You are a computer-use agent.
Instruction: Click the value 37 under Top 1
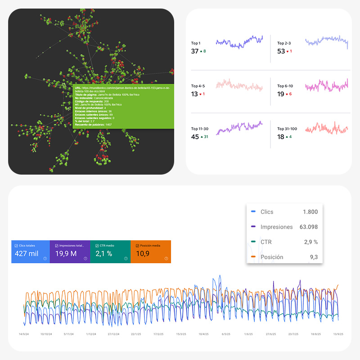click(195, 51)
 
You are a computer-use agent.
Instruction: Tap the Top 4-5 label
click(198, 86)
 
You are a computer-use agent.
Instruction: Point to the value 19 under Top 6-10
click(281, 94)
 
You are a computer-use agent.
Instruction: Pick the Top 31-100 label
click(287, 129)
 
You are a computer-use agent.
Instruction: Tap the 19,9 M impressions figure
click(66, 253)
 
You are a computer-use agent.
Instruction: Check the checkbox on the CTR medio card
click(97, 246)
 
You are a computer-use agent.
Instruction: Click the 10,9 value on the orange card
click(143, 253)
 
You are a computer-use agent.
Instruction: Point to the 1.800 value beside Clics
click(310, 212)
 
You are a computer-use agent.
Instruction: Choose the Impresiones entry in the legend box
click(276, 227)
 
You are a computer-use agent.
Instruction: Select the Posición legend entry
click(272, 257)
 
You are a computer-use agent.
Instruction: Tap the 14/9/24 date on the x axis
click(24, 334)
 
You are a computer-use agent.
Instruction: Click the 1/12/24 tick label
click(91, 334)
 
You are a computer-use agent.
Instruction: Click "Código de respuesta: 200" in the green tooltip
click(92, 102)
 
